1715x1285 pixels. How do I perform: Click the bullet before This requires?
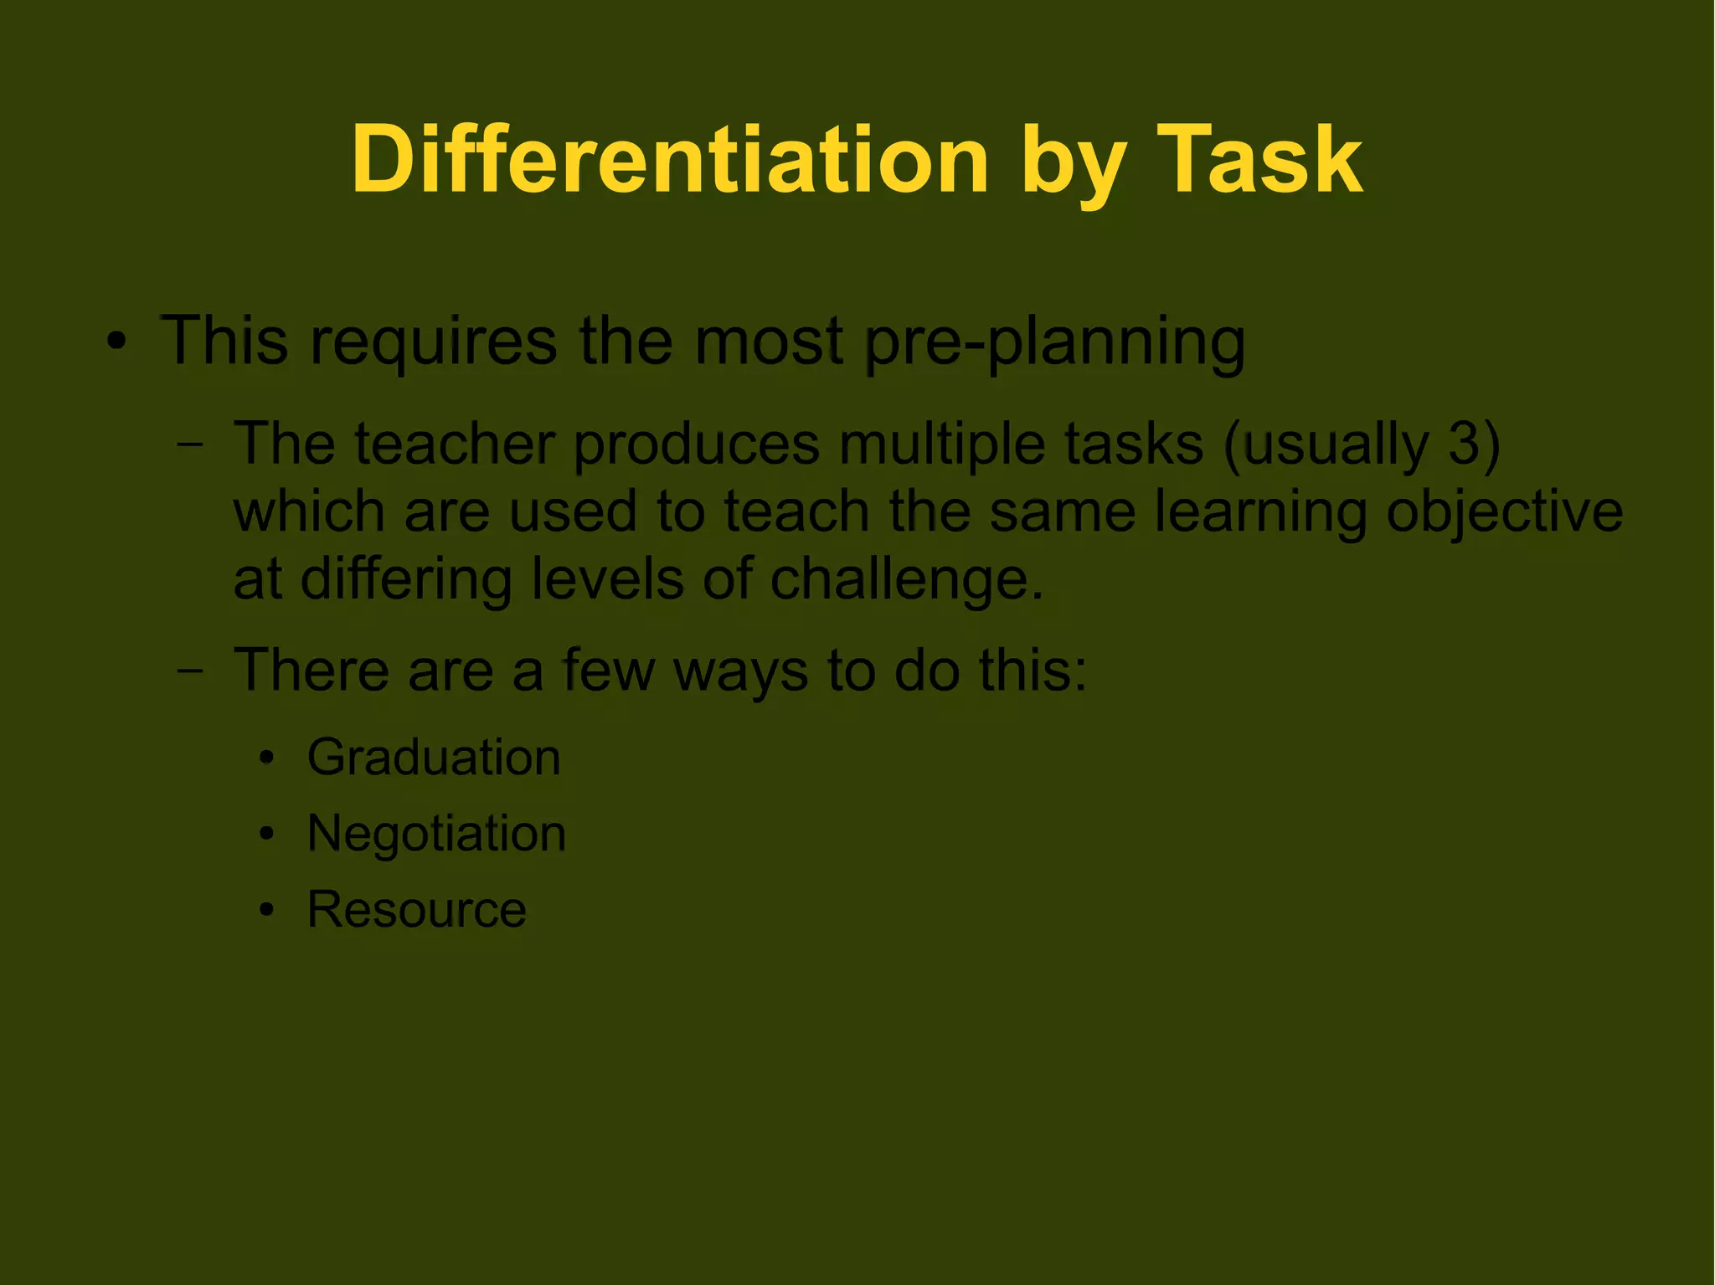coord(117,342)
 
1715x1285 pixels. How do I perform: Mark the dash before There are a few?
coord(191,671)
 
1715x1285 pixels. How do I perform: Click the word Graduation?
coord(434,758)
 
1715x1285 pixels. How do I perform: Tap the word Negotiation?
coord(436,834)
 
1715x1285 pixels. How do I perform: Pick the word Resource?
coord(416,909)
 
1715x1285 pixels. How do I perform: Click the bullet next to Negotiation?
coord(267,834)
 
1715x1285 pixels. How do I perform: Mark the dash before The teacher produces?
coord(191,445)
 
